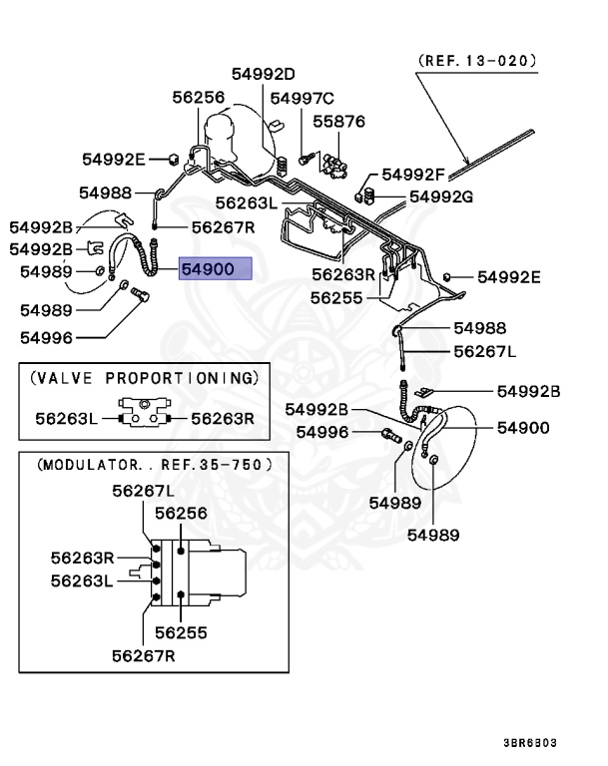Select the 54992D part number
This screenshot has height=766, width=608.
264,74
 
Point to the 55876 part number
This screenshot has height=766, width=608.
339,122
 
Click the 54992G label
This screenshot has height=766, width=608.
440,196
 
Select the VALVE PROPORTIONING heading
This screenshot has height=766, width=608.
144,378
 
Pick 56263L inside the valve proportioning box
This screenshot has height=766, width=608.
66,419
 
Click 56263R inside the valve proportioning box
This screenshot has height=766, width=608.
223,419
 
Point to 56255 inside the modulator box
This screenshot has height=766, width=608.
180,632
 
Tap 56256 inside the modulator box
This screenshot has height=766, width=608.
180,512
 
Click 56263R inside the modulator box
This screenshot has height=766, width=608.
83,557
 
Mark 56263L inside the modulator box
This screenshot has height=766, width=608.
83,579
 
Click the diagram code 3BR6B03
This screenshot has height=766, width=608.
558,742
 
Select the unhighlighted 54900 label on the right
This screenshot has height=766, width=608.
523,428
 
